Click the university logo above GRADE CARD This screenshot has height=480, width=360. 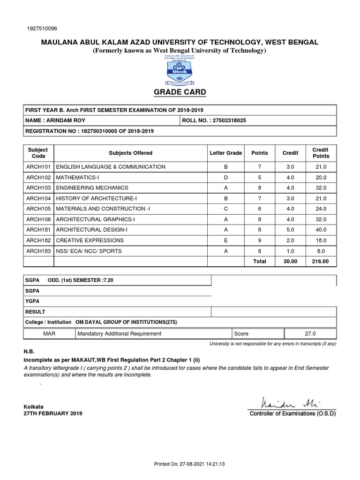pyautogui.click(x=180, y=69)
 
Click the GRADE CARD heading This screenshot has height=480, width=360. pyautogui.click(x=180, y=92)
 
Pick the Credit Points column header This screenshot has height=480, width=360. pyautogui.click(x=321, y=153)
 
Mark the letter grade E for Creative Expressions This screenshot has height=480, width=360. pyautogui.click(x=225, y=240)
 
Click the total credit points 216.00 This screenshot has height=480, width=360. pyautogui.click(x=321, y=262)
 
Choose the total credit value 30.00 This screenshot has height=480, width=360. pyautogui.click(x=290, y=262)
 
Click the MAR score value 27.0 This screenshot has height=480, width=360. pyautogui.click(x=310, y=334)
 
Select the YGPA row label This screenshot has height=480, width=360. pyautogui.click(x=32, y=301)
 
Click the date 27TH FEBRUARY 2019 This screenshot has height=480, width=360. pyautogui.click(x=53, y=414)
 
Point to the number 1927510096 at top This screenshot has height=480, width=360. pyautogui.click(x=43, y=28)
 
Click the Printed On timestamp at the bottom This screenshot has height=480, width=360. pyautogui.click(x=190, y=464)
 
